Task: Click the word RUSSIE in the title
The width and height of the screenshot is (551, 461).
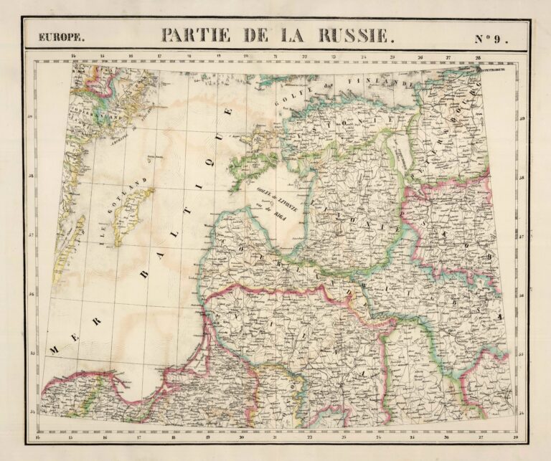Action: pyautogui.click(x=357, y=35)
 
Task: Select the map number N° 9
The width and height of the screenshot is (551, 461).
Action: pyautogui.click(x=491, y=38)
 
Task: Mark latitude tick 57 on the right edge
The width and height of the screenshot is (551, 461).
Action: pyautogui.click(x=522, y=236)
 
